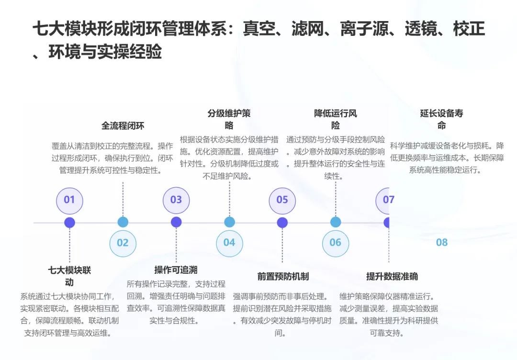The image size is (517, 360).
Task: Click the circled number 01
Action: click(69, 200)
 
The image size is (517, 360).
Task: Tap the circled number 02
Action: click(123, 243)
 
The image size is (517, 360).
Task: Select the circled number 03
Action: click(176, 200)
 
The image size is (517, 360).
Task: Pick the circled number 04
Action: click(229, 243)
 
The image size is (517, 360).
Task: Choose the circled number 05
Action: click(282, 200)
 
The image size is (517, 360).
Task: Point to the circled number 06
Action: click(336, 243)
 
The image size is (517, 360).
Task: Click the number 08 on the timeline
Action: click(441, 243)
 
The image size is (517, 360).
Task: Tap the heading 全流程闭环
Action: click(123, 126)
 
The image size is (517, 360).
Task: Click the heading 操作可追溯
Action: click(176, 270)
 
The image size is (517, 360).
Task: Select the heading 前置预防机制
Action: click(283, 276)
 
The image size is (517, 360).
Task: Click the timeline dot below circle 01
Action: click(70, 223)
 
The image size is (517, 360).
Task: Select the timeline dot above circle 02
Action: click(123, 222)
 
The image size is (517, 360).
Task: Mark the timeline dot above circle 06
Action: click(336, 222)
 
